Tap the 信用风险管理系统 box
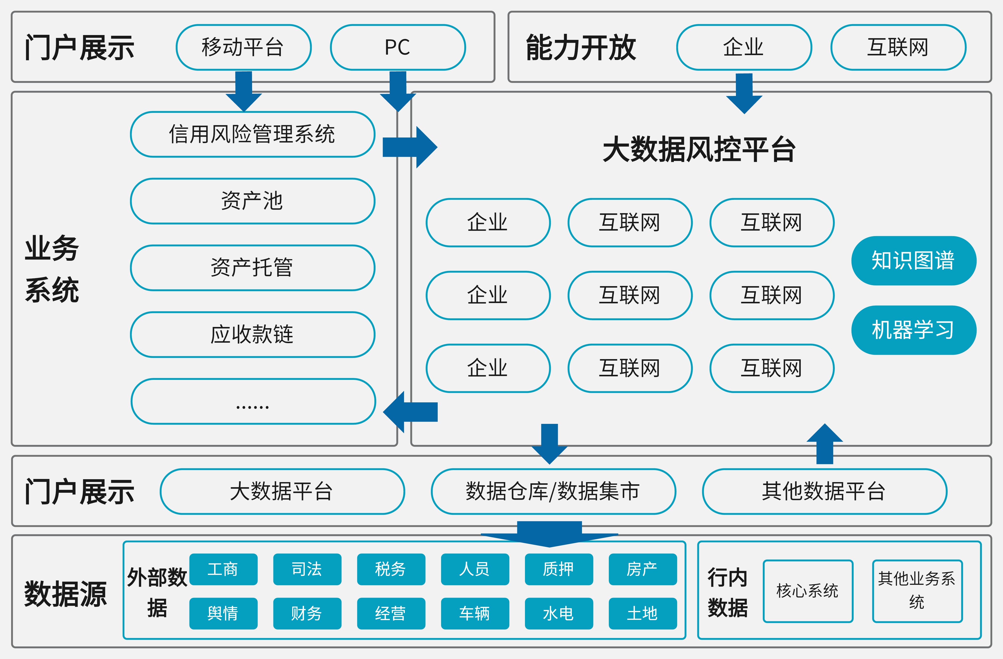[x=252, y=134]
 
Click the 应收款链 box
[x=252, y=334]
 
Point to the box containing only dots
[x=253, y=402]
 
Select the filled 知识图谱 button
[x=914, y=261]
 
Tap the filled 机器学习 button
[x=914, y=330]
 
